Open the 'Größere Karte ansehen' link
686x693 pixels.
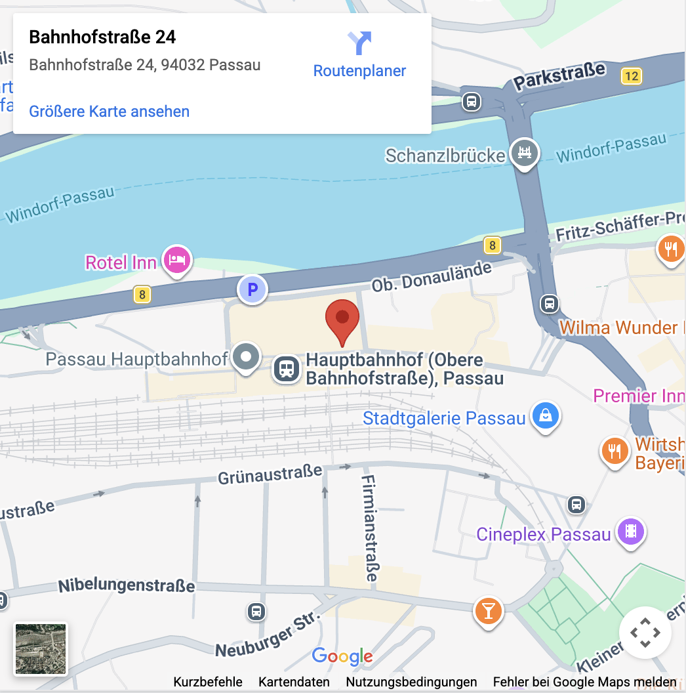coord(109,112)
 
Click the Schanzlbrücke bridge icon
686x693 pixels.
coord(524,152)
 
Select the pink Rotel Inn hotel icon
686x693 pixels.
coord(177,260)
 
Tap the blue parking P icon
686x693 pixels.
coord(252,289)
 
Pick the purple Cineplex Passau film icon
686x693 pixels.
coord(630,531)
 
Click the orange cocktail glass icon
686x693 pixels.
coord(487,610)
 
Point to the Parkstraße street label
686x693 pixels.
coord(559,77)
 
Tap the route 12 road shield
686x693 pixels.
coord(631,76)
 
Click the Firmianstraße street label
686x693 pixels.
coord(370,528)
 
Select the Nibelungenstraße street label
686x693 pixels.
coord(127,585)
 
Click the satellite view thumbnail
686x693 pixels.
coord(41,649)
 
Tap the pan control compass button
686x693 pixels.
coord(645,633)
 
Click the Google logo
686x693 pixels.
coord(342,656)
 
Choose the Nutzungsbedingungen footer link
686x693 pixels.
coord(411,682)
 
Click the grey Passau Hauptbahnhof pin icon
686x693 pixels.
coord(247,358)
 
